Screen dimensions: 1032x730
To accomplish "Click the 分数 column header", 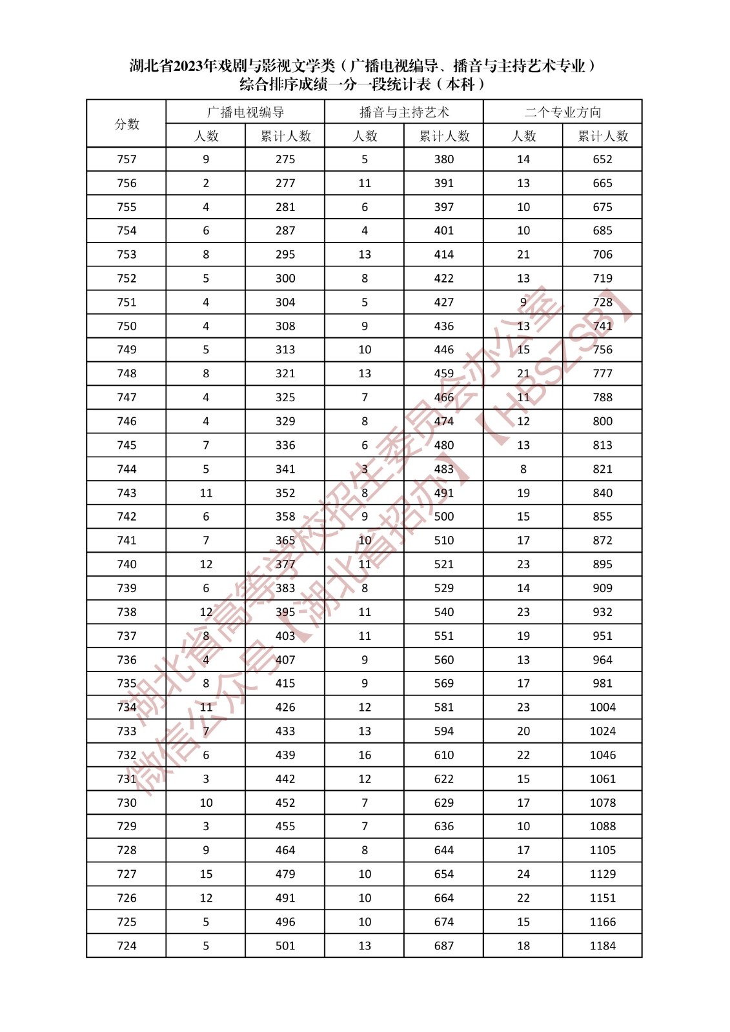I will [127, 124].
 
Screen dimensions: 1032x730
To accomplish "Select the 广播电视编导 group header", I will [245, 112].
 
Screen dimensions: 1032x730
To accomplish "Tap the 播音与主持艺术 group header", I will [404, 112].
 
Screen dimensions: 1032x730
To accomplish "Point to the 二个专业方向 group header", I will [563, 112].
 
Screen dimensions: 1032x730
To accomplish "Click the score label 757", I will [127, 159].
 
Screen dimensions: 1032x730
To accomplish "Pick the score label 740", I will [127, 564].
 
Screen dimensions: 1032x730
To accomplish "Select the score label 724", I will [127, 946].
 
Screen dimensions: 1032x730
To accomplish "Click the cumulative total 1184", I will [602, 946].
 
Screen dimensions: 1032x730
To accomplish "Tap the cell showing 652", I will [602, 159].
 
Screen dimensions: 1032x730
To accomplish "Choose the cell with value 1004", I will [602, 708].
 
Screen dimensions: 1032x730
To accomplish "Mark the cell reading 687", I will [443, 946].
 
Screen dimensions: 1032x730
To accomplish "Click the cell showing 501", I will [285, 946].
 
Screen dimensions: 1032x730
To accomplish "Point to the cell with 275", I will [285, 159].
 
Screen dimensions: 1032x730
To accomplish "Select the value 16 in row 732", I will [365, 755].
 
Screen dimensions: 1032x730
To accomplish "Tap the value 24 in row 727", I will [523, 874].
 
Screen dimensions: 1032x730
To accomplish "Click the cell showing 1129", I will [602, 874].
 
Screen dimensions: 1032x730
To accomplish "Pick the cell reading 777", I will [602, 373].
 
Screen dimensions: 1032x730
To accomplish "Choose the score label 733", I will [127, 731].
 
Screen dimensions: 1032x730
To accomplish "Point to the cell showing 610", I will [443, 755].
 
